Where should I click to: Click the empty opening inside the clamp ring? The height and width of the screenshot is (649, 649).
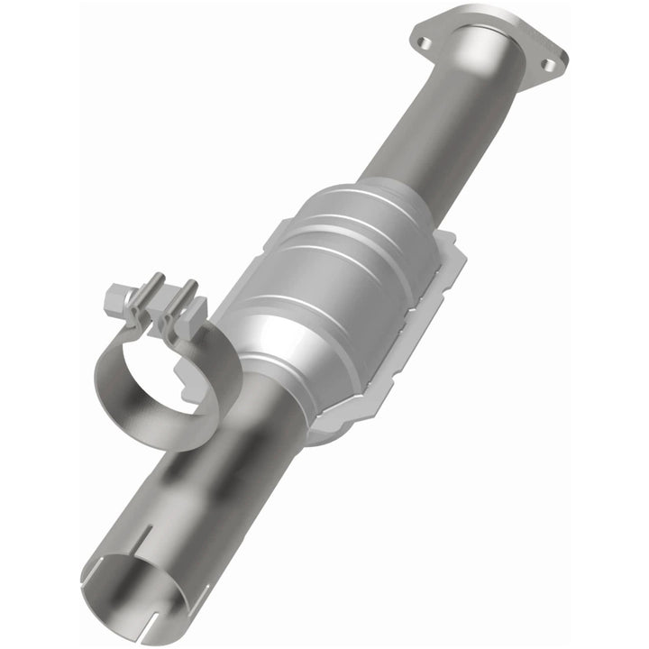click(167, 373)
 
